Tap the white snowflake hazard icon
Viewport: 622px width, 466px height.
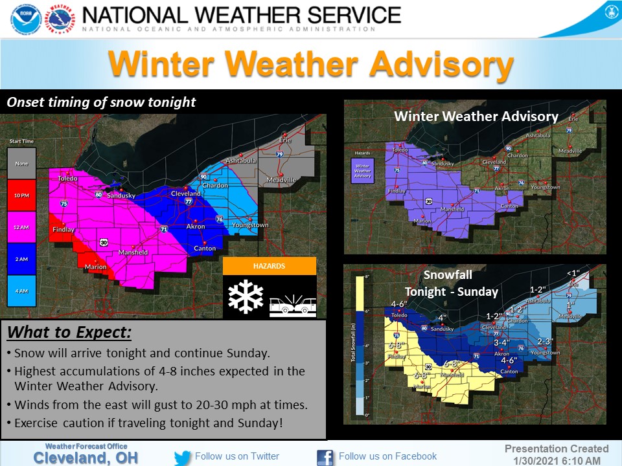[x=246, y=297]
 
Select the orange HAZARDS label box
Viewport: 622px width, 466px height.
[x=270, y=266]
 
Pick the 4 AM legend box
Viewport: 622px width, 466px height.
[x=21, y=291]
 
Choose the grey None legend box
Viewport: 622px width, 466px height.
[x=21, y=164]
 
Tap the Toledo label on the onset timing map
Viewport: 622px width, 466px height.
[x=67, y=179]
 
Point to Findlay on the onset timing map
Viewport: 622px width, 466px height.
[x=64, y=230]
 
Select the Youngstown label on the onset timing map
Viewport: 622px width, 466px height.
[x=250, y=225]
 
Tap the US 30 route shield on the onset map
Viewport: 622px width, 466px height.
[x=104, y=242]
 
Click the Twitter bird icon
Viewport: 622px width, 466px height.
[x=183, y=457]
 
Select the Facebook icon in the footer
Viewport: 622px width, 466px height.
[x=325, y=457]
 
